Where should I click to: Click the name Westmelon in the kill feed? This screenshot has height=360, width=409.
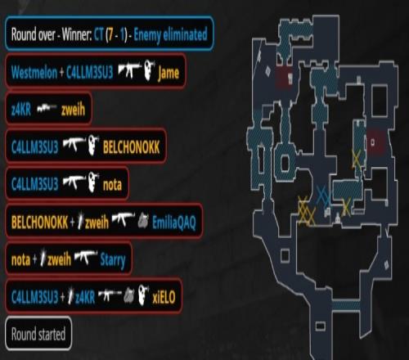(34, 73)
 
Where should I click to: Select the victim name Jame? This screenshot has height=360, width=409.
(169, 73)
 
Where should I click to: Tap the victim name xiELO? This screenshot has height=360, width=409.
(164, 297)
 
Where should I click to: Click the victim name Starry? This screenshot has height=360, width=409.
(113, 260)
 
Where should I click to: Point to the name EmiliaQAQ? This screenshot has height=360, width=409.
(174, 223)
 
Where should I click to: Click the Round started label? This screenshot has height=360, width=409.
(38, 334)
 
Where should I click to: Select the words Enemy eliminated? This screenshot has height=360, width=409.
(170, 35)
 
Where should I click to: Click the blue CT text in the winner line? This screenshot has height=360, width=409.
(98, 34)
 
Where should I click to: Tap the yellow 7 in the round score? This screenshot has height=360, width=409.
(110, 34)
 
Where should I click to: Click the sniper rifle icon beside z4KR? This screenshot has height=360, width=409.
(47, 108)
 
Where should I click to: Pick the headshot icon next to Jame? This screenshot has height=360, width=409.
(149, 70)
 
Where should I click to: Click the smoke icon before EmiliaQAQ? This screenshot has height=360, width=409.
(143, 220)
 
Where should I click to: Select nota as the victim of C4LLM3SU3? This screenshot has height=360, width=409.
(112, 185)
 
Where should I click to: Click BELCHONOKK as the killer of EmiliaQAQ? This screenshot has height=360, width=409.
(39, 223)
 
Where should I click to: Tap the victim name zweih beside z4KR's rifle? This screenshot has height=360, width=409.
(73, 110)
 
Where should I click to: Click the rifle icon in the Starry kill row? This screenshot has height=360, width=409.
(86, 257)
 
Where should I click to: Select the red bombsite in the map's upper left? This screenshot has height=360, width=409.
(284, 77)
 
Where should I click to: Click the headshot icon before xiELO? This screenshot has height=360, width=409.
(143, 295)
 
